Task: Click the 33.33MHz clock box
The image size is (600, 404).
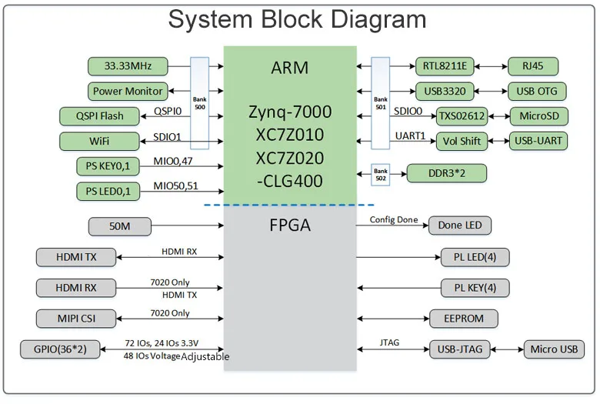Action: point(127,66)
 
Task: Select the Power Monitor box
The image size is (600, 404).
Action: point(128,91)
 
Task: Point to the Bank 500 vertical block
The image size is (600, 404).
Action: point(199,103)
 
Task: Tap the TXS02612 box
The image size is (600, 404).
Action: point(462,116)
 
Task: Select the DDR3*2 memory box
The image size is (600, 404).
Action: point(446,173)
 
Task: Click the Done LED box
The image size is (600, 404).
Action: point(460,225)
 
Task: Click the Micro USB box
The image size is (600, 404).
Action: point(553,349)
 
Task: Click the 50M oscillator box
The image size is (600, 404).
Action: point(119,226)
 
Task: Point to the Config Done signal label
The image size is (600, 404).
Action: point(393,220)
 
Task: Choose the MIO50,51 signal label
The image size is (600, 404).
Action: point(175,185)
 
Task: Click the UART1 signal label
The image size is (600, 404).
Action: point(409,135)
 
